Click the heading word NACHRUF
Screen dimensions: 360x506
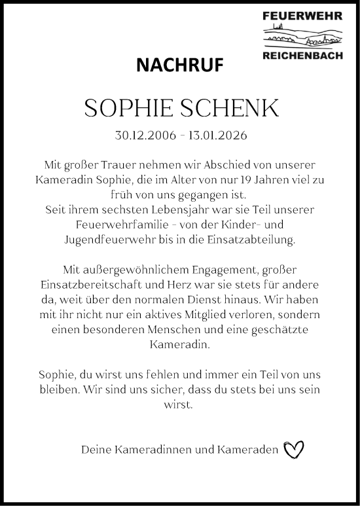point(179,64)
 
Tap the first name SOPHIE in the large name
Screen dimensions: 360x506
point(125,109)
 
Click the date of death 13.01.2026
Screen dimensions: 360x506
point(218,136)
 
